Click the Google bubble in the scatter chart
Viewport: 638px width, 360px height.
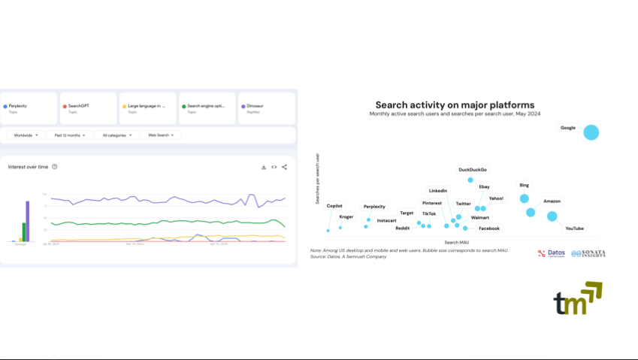591,132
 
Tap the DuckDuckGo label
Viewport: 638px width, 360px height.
473,170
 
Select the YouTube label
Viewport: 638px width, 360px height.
574,228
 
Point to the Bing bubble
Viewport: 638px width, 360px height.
525,198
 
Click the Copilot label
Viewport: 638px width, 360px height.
334,205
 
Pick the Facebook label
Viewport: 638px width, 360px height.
489,228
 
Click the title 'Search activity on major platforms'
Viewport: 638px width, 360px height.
455,105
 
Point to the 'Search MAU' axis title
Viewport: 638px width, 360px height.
457,242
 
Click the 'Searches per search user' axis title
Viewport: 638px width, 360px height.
318,179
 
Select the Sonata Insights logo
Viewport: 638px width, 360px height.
588,254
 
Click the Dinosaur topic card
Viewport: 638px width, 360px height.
267,108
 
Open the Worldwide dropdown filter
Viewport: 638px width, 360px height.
26,135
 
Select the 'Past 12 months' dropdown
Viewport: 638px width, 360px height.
70,135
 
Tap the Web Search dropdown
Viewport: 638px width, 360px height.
161,135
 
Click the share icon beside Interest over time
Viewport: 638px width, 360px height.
284,167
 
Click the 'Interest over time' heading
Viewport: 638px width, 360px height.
29,167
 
